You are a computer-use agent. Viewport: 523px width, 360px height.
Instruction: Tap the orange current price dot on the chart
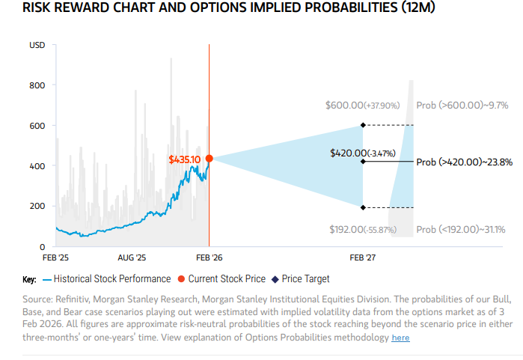click(209, 159)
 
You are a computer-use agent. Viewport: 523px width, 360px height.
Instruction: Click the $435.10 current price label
click(185, 159)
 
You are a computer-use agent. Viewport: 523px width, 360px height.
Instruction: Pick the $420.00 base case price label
click(361, 153)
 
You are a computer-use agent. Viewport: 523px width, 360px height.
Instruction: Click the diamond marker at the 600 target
click(363, 125)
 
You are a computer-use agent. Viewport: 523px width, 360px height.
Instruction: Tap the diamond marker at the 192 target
click(363, 207)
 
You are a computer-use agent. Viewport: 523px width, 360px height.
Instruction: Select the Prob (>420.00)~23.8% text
click(464, 161)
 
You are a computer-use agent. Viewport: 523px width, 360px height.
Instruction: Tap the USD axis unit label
click(37, 46)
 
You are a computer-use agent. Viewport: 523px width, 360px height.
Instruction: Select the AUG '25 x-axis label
click(132, 257)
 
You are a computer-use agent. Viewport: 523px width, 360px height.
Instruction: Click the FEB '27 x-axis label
click(363, 257)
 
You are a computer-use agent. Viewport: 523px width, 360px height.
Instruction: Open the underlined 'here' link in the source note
click(400, 338)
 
